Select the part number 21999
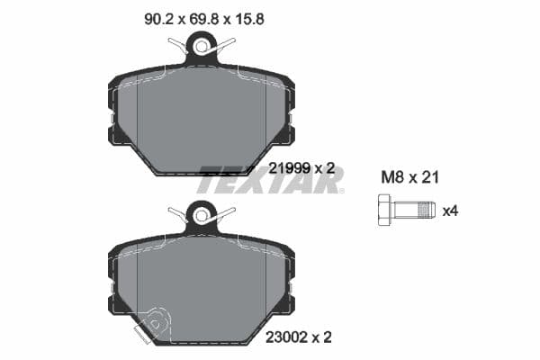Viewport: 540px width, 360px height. point(290,167)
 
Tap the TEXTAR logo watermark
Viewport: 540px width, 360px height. point(270,180)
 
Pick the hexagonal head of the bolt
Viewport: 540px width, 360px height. point(381,210)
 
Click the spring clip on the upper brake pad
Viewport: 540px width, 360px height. point(202,45)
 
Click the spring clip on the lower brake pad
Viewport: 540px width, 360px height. point(202,214)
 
